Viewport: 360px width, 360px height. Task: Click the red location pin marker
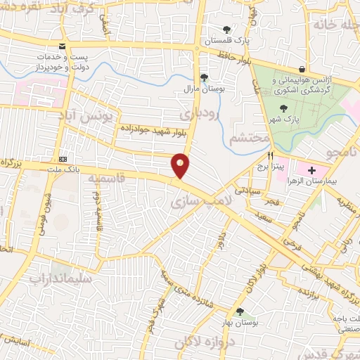[x=181, y=165]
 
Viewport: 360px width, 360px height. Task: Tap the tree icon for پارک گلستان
[x=226, y=30]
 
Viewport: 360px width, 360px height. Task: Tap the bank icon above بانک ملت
[x=63, y=159]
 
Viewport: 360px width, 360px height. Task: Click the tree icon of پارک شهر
[x=283, y=108]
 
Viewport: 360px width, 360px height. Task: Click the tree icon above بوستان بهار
[x=240, y=311]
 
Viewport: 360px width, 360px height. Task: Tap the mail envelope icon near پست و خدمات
[x=64, y=46]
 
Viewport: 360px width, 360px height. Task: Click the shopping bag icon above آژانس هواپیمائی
[x=302, y=70]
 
